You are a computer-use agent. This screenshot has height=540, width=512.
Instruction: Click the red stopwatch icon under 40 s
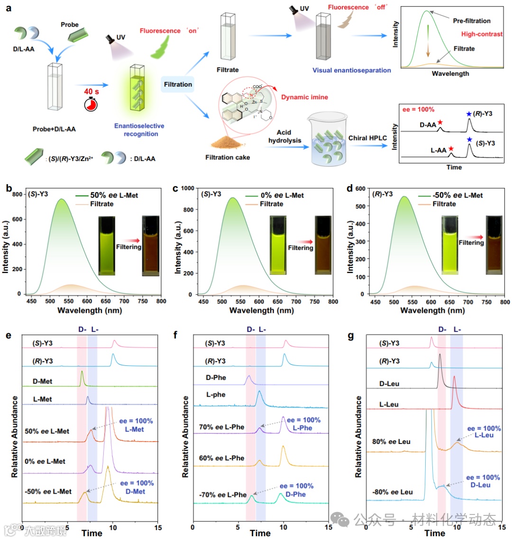(91, 104)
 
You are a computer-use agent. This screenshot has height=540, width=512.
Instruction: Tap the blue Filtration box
(178, 84)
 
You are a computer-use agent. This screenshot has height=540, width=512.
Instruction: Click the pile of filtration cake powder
(227, 141)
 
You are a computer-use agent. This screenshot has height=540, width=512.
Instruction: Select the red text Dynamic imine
(304, 97)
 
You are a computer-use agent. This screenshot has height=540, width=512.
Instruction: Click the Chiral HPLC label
(367, 138)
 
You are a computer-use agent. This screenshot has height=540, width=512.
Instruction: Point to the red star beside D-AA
(440, 123)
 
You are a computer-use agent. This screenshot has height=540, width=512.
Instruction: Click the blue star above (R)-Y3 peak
(469, 114)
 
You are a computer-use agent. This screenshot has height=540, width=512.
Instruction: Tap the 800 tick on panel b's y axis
(18, 195)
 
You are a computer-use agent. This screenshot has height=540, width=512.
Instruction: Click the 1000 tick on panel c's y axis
(187, 188)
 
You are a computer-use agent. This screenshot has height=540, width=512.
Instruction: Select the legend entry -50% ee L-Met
(457, 195)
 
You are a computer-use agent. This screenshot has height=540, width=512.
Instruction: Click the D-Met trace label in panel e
(42, 381)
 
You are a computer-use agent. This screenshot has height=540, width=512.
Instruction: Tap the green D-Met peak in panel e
(82, 378)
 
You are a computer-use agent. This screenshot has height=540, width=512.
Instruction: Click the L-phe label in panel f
(216, 395)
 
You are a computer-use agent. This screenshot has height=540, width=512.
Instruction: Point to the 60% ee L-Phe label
(222, 458)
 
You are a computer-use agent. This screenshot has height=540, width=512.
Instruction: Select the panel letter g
(351, 336)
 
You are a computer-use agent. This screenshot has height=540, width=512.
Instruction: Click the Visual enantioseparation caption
(351, 70)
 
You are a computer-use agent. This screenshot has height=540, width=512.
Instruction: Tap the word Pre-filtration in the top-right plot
(472, 21)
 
